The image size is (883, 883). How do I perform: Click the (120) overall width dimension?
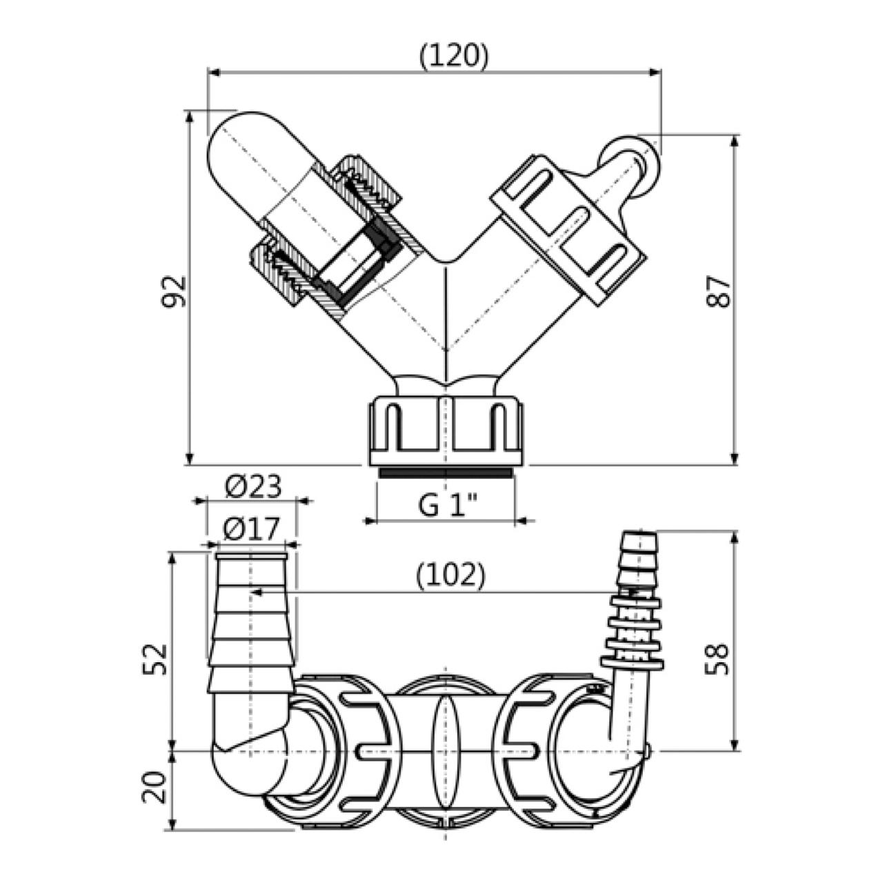pos(454,57)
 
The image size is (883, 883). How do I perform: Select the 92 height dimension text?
pos(175,290)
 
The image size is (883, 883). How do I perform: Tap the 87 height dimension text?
pos(717,290)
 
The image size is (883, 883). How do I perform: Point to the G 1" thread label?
pos(448,506)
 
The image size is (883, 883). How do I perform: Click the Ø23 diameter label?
pos(253,486)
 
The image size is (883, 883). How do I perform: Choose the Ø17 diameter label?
pos(251,529)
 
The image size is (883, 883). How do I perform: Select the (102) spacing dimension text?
pos(450,575)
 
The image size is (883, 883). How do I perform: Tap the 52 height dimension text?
pos(154,659)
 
